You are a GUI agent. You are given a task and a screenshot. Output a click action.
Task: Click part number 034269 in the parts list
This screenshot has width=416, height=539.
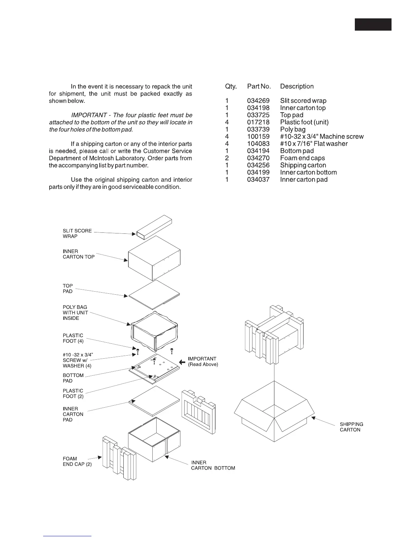pos(258,101)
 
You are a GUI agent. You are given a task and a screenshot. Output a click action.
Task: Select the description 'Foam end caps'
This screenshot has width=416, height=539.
pos(302,158)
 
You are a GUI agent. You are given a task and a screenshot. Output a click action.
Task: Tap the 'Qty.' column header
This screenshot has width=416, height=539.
pos(231,86)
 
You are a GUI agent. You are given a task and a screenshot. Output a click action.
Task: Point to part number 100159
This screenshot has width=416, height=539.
pos(258,137)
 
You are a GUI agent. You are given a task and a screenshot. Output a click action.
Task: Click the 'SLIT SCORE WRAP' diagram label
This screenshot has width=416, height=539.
pos(77,233)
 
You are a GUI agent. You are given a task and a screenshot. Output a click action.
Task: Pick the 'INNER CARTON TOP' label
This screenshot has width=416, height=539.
pos(79,254)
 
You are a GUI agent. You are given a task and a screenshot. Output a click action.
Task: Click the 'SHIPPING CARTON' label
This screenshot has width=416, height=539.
pos(351,427)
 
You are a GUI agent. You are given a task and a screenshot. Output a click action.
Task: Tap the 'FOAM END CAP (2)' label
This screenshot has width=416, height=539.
pos(77,461)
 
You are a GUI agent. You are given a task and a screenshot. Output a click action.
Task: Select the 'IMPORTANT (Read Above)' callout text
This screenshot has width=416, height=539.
pos(203,362)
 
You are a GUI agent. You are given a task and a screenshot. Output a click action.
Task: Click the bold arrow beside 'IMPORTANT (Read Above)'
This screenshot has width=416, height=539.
pos(182,362)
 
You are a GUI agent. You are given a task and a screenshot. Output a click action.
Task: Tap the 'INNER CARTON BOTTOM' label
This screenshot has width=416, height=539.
pos(213,465)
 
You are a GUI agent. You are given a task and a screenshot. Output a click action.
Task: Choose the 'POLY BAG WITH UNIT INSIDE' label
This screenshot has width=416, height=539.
pos(75,313)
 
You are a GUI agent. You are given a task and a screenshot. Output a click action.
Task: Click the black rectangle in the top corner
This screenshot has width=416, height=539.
pos(373,24)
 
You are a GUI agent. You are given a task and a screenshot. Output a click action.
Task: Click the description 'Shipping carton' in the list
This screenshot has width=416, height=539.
pos(303,165)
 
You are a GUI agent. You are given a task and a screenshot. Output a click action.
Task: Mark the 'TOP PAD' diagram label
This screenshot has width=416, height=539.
pos(68,289)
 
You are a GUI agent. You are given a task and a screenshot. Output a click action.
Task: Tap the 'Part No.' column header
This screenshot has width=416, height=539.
pos(259,86)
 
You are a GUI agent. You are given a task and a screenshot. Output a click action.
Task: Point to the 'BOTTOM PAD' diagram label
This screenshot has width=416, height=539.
pos(73,378)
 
